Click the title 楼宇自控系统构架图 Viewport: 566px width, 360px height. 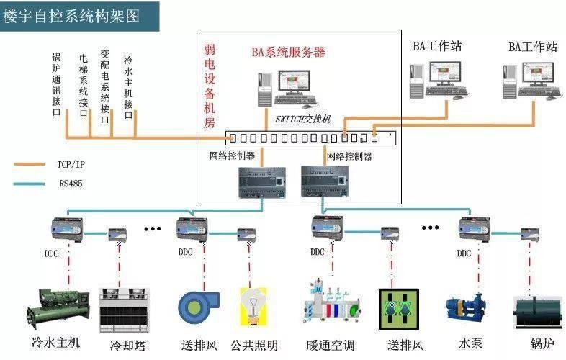[72, 14]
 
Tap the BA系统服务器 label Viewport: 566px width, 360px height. [288, 52]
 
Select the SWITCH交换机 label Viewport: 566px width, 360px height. [302, 119]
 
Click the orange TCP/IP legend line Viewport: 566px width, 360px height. [29, 164]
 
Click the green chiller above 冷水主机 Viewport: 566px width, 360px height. [58, 306]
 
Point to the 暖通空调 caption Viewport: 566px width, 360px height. [330, 345]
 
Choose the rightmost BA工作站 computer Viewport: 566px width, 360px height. [531, 80]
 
